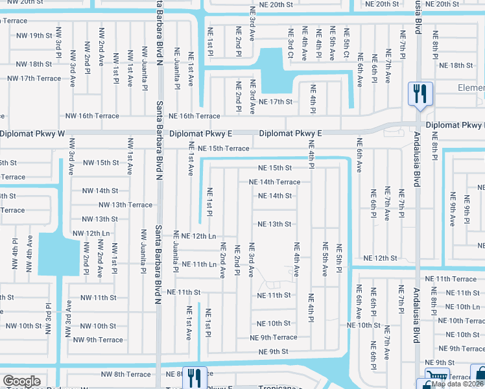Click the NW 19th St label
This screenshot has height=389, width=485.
tap(31, 36)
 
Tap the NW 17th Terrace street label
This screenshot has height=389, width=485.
tap(34, 78)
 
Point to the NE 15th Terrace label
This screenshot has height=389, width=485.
tap(223, 148)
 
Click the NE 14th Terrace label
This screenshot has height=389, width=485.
tap(275, 182)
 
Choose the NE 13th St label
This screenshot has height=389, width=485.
tap(274, 224)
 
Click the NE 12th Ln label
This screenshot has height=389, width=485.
tap(198, 236)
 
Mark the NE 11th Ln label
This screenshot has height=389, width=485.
tap(198, 265)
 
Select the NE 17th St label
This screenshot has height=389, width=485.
tap(276, 102)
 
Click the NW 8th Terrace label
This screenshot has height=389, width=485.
tap(126, 374)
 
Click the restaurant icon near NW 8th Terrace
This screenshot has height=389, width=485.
tap(195, 377)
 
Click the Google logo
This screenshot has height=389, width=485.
tap(21, 381)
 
